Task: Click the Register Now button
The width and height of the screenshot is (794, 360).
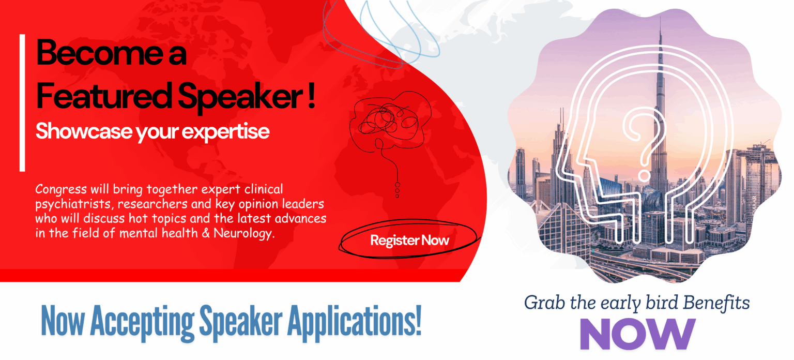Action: coord(409,240)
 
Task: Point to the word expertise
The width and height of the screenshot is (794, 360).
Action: coord(225,132)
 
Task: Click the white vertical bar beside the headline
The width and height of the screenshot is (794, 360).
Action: coord(22,103)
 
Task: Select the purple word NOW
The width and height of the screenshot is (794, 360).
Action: coord(637,334)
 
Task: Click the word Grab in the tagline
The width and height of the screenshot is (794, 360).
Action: coord(545,303)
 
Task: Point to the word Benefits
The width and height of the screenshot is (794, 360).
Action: coord(716,303)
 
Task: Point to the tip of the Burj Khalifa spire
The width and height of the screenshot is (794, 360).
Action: coord(660,17)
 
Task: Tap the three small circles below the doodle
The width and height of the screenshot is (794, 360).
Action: coord(398,190)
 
